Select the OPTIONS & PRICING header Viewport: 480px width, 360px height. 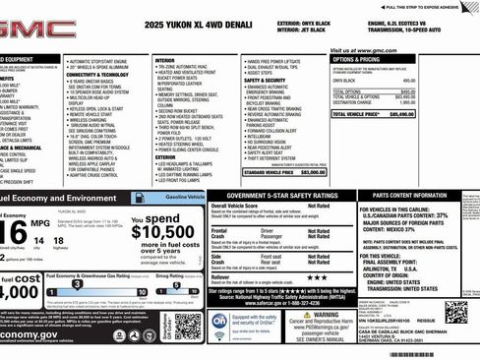point(363,59)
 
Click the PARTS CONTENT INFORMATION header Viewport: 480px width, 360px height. point(419,196)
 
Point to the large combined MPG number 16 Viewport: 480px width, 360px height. point(14,232)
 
